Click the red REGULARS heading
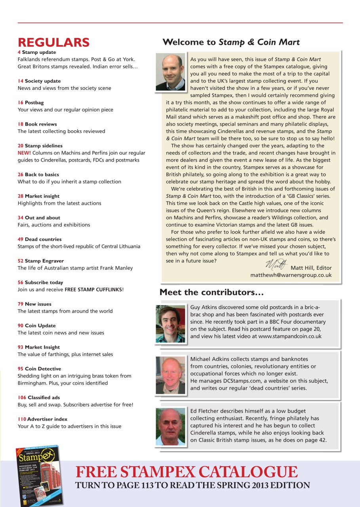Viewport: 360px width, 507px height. coord(53,42)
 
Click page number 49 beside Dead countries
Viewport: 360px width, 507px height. coord(20,239)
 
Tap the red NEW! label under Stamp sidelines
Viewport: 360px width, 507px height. coord(24,153)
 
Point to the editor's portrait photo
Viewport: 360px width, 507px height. coord(170,72)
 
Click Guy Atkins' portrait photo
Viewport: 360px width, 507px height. coord(170,323)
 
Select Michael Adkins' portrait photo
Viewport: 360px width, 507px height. coord(170,375)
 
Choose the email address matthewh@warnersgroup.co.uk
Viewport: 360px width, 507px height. coord(291,275)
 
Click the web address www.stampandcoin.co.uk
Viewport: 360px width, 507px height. coord(290,336)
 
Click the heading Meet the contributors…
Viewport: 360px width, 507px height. coord(211,293)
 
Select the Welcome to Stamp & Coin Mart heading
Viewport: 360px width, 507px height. coord(231,42)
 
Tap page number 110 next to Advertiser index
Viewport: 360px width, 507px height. coord(22,419)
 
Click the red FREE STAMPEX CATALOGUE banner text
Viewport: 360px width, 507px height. coord(187,472)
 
